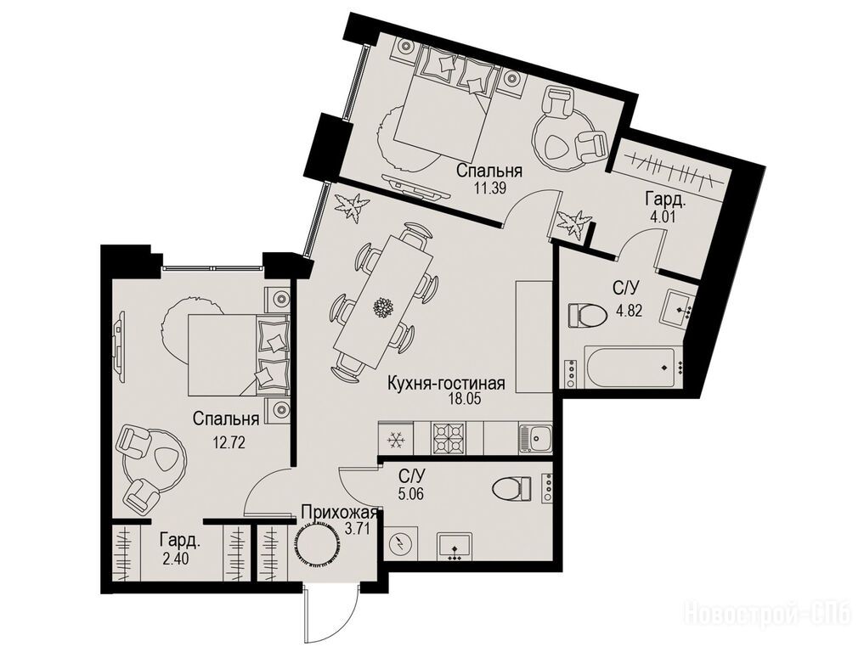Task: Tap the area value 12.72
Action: pos(229,441)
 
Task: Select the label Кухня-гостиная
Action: pos(446,383)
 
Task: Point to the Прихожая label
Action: pos(340,514)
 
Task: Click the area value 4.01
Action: pos(663,216)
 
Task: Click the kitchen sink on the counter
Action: pos(535,438)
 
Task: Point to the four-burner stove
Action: pos(449,438)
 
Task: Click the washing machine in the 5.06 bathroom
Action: pos(400,543)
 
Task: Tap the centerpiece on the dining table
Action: pos(381,306)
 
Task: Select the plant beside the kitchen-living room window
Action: pos(349,207)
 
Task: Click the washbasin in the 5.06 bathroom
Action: pos(454,546)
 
